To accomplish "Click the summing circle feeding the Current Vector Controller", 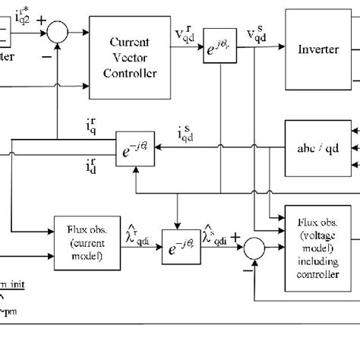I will click(x=57, y=32).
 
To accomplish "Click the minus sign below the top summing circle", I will click(x=47, y=55).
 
